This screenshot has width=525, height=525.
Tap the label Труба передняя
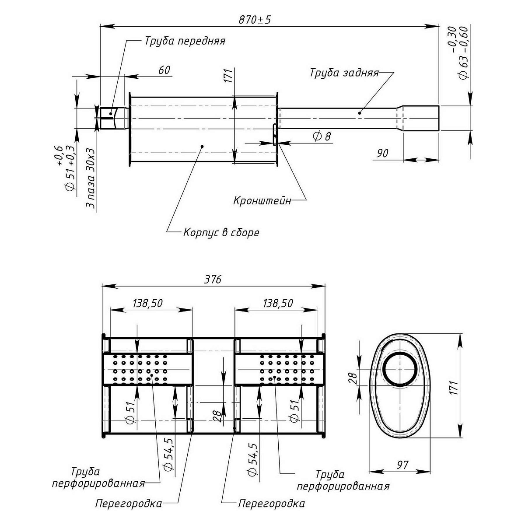tap(185, 41)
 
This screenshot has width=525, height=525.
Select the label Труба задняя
tap(344, 73)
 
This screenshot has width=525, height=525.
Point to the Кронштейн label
tap(262, 202)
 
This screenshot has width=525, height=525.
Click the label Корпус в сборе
tap(221, 232)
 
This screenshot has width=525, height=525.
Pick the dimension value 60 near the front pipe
tap(164, 70)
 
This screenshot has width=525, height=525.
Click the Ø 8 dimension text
tap(322, 136)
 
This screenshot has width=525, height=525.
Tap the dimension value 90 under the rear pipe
tap(383, 153)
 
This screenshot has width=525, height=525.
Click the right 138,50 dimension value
tap(278, 303)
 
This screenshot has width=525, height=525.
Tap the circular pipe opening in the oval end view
tap(400, 368)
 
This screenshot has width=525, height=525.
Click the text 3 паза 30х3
tap(91, 181)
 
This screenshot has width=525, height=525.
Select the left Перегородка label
tap(129, 504)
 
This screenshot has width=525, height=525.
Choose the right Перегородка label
tap(271, 504)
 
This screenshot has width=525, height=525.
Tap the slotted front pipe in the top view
tap(112, 118)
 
